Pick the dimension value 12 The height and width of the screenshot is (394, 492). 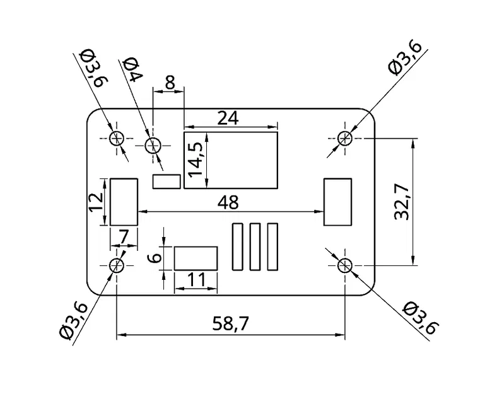pyautogui.click(x=96, y=202)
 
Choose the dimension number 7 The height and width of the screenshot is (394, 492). pyautogui.click(x=124, y=236)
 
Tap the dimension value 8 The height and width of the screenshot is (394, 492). pyautogui.click(x=169, y=82)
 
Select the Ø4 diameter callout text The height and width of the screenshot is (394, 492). pyautogui.click(x=133, y=69)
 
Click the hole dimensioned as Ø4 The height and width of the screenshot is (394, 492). pyautogui.click(x=153, y=146)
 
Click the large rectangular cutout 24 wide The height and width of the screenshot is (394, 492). pyautogui.click(x=231, y=160)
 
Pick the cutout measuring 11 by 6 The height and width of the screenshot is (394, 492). pyautogui.click(x=196, y=258)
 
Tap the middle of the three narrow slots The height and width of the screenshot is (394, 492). pyautogui.click(x=255, y=247)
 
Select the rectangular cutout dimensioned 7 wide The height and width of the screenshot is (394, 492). pyautogui.click(x=124, y=202)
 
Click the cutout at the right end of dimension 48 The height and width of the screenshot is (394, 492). pyautogui.click(x=337, y=202)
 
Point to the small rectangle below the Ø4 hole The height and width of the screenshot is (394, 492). pyautogui.click(x=166, y=182)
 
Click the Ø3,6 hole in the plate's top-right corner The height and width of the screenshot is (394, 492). pyautogui.click(x=344, y=138)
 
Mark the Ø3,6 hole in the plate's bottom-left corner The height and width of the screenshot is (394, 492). pyautogui.click(x=117, y=265)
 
